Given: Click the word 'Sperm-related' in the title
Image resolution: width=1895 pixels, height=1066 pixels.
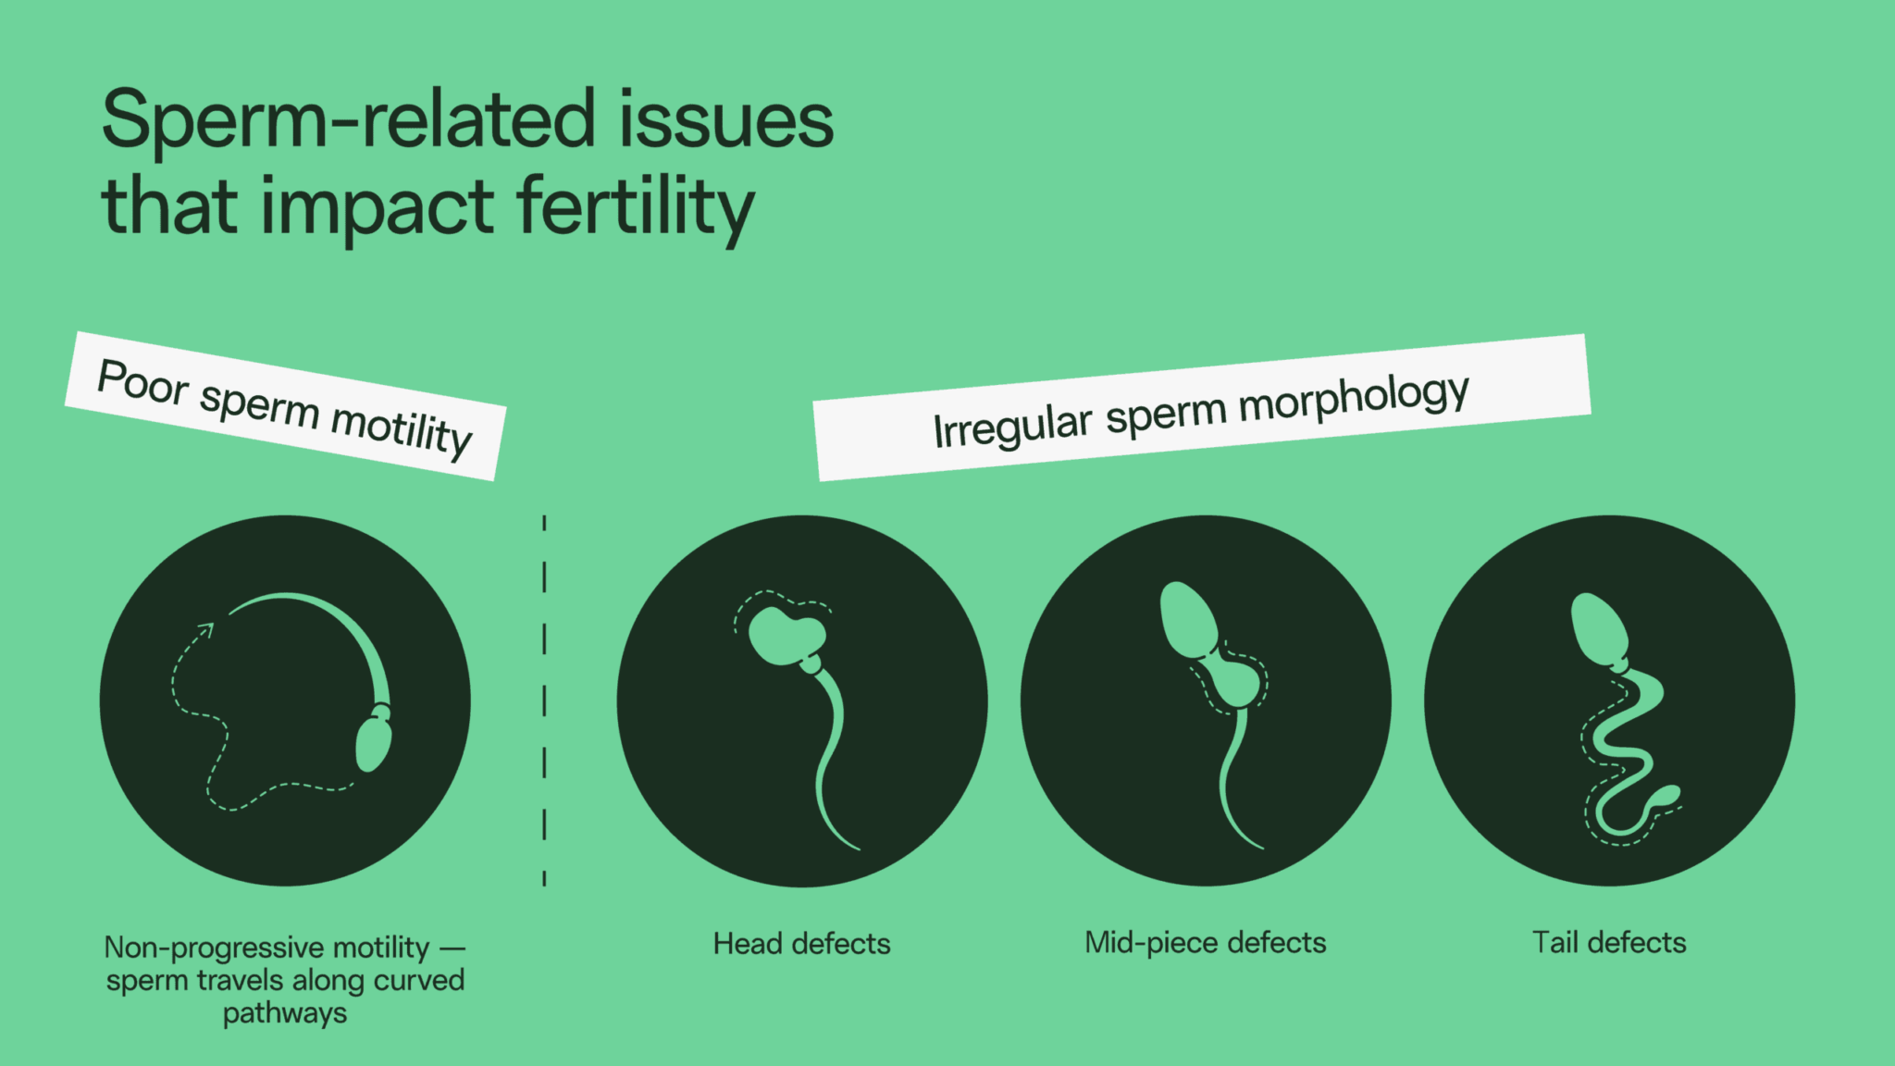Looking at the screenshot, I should click(347, 120).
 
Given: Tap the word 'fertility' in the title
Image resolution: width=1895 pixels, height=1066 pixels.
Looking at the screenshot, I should click(636, 208).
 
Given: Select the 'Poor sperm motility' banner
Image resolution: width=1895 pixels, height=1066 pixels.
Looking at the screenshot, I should click(285, 406).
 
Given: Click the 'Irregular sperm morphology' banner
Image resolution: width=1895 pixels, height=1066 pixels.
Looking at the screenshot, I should click(1201, 408).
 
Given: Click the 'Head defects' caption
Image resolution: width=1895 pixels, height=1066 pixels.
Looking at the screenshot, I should click(801, 944).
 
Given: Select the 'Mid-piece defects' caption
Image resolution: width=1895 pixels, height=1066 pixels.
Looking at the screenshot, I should click(1205, 943).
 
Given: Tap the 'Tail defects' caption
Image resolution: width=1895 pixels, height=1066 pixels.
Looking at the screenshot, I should click(1609, 943).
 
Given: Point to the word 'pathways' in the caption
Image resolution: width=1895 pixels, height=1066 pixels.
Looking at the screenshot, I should click(285, 1013).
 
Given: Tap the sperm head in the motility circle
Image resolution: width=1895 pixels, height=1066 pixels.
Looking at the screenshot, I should click(373, 743).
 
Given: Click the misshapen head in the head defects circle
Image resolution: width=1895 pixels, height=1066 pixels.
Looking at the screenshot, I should click(786, 636).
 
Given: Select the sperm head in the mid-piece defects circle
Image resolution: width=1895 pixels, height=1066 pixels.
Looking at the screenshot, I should click(1187, 618).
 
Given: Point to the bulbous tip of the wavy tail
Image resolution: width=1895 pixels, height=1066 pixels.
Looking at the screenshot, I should click(1668, 795).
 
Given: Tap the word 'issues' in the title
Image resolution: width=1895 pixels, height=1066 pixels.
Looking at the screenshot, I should click(726, 120).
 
